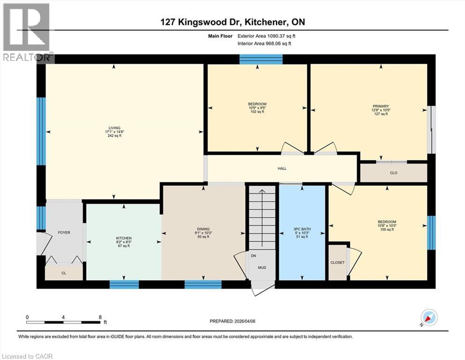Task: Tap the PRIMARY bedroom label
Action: point(381,106)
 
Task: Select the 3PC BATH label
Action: point(302,229)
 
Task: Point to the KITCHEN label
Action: point(124,238)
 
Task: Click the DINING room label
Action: point(203,229)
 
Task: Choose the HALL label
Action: point(281,168)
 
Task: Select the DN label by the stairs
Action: point(253,256)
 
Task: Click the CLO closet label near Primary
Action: point(393,173)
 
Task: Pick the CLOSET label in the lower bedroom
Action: point(337,262)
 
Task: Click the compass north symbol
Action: point(429,318)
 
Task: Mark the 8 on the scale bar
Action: point(100,317)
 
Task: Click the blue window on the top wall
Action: point(261,59)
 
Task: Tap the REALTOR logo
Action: point(26,33)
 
